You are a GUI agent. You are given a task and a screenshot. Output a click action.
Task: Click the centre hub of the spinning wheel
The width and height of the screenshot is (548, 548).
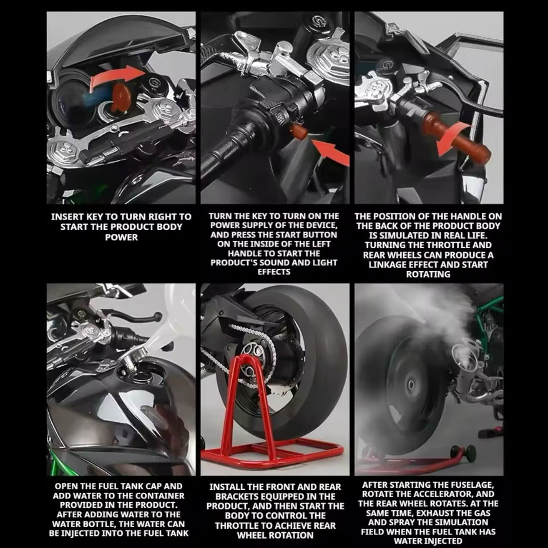pos(411,386)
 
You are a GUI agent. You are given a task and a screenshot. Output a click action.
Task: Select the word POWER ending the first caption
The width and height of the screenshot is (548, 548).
pos(121,237)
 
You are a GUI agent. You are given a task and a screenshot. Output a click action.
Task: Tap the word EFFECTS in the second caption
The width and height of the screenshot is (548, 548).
pos(274,272)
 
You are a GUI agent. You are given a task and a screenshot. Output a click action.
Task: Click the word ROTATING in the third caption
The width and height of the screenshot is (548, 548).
pos(428,275)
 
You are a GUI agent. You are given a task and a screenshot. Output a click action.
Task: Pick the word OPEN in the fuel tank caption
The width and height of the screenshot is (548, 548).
pos(66,486)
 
